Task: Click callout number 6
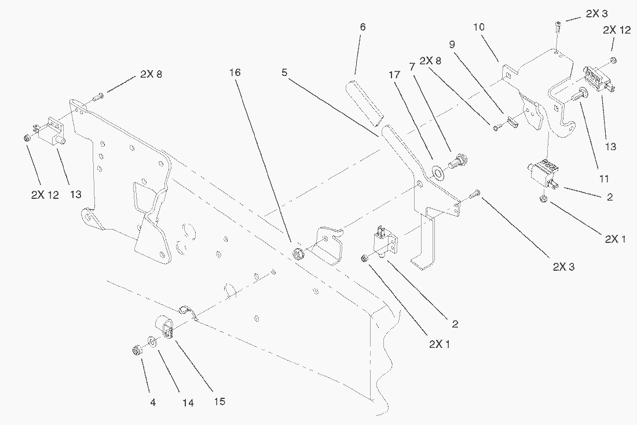coord(363,27)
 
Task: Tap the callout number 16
coord(235,72)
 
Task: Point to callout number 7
coord(412,67)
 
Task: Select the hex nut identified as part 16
coord(299,253)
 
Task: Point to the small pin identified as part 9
coord(513,122)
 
